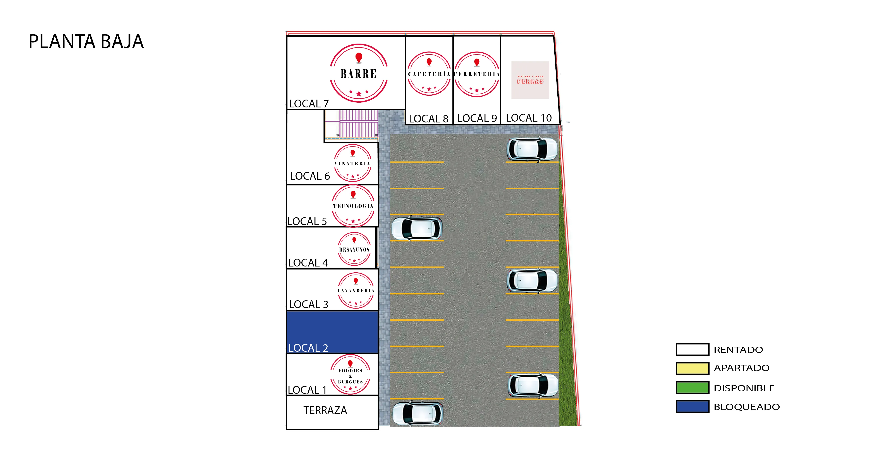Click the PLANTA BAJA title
point(86,42)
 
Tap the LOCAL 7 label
point(309,104)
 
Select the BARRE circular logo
point(359,73)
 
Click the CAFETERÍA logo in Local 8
point(429,74)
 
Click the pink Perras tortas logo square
point(530,80)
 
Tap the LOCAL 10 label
point(529,118)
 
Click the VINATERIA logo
point(352,163)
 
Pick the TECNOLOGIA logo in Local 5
point(353,206)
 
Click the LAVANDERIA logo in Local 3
point(356,290)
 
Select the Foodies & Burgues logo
point(350,375)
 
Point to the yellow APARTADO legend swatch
point(692,368)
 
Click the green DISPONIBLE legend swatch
point(692,387)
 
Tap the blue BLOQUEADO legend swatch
point(692,406)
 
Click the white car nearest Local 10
point(531,149)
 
